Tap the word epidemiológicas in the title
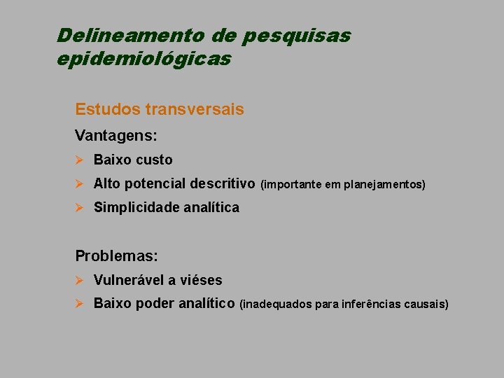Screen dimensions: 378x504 point(143,59)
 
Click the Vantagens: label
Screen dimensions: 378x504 point(115,135)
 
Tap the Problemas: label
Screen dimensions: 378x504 point(116,255)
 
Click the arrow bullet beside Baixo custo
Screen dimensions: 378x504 point(80,160)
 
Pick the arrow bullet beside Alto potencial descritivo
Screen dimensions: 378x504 point(80,183)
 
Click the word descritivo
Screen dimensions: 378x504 point(221,183)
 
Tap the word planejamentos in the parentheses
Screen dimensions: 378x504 point(384,185)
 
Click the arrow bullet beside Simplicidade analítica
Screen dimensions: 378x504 point(80,207)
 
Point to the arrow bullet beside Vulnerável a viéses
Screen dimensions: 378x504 point(80,280)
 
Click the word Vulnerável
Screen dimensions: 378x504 point(128,280)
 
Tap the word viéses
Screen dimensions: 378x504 point(199,280)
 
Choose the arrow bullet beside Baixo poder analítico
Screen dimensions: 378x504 point(80,303)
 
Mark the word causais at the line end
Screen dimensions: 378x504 point(426,304)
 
